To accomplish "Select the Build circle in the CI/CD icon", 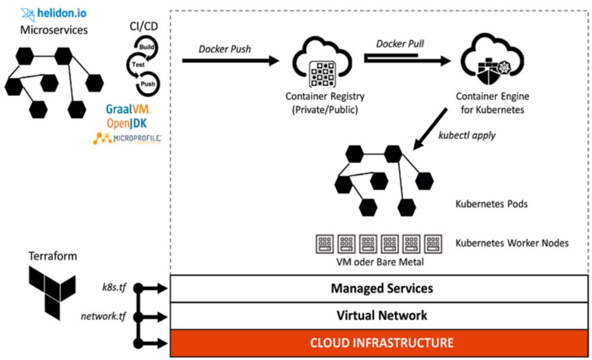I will pos(146,45).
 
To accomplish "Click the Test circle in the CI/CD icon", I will pos(138,63).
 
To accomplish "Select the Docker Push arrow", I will pos(230,61).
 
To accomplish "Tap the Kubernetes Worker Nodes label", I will pos(511,243).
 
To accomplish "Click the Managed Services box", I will pos(381,288).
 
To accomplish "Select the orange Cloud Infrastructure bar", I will pos(381,342).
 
